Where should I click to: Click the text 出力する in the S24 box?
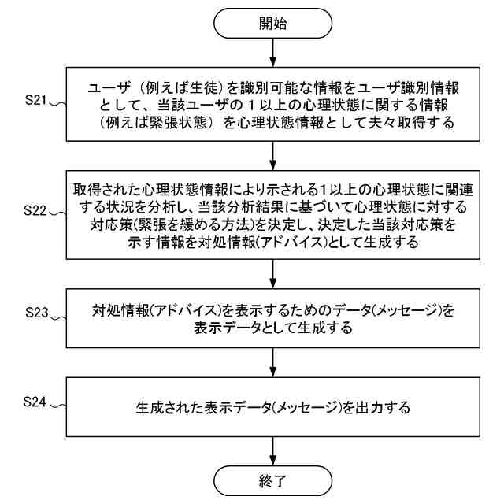[384, 409]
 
